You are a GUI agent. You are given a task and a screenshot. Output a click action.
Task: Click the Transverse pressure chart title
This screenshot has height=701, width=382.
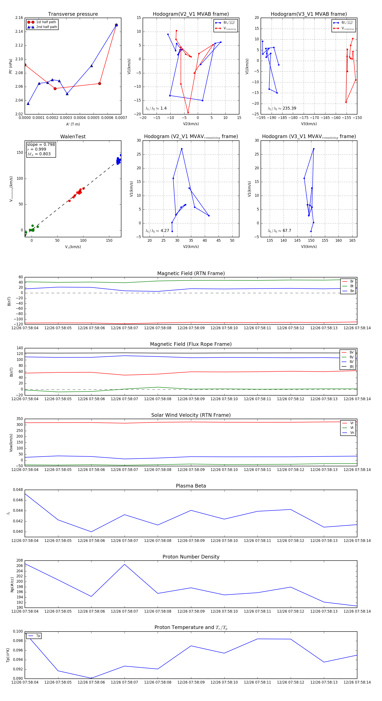(x=73, y=14)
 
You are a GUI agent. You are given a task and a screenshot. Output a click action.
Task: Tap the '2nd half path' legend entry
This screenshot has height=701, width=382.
(x=46, y=27)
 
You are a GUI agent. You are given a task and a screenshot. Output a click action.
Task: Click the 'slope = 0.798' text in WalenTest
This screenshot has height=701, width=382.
(x=41, y=144)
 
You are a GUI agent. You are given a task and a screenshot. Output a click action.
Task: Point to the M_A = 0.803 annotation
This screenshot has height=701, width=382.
(x=39, y=154)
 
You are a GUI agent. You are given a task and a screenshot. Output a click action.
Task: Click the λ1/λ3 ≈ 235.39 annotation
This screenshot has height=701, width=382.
(x=282, y=108)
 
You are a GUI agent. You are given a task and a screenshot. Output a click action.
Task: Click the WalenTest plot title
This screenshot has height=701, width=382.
(x=73, y=137)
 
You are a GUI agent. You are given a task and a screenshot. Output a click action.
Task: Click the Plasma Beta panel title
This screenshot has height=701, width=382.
(x=191, y=486)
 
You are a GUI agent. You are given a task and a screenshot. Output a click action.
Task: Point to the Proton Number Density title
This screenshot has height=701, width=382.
(x=191, y=557)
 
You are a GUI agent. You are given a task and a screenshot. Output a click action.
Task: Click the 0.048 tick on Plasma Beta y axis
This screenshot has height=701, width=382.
(x=18, y=490)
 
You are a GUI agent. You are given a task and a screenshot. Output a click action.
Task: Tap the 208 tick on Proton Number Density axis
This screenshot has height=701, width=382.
(x=20, y=561)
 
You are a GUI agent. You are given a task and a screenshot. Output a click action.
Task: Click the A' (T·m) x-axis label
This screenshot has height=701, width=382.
(x=73, y=124)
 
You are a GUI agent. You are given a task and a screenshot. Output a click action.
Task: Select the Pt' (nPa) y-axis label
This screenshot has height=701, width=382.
(x=11, y=66)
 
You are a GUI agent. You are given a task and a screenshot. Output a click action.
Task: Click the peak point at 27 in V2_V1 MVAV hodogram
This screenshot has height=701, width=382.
(x=182, y=149)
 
